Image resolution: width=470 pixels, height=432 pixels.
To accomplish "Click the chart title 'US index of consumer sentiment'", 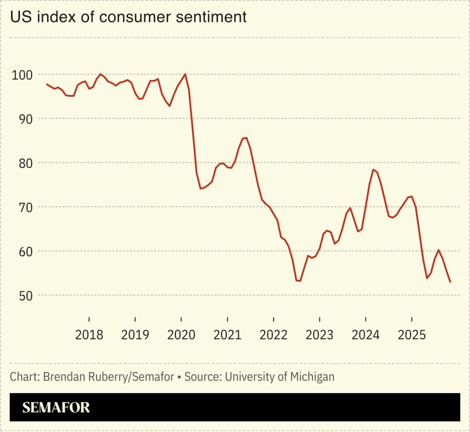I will pyautogui.click(x=128, y=17).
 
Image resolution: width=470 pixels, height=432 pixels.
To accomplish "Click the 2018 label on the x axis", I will pyautogui.click(x=89, y=335).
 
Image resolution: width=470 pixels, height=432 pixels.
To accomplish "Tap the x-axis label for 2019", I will pyautogui.click(x=135, y=335).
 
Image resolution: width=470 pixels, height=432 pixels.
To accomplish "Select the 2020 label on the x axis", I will pyautogui.click(x=181, y=335).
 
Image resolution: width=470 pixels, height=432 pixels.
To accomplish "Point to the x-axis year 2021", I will pyautogui.click(x=227, y=335).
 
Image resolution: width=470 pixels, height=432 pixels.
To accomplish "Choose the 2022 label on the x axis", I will pyautogui.click(x=273, y=335).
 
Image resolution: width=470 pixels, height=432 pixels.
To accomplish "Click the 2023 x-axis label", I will pyautogui.click(x=319, y=335).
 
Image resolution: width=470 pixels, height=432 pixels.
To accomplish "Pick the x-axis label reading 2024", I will pyautogui.click(x=366, y=335).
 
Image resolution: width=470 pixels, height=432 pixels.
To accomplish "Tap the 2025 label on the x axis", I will pyautogui.click(x=412, y=335).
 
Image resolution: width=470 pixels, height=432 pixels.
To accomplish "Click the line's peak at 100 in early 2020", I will pyautogui.click(x=186, y=74).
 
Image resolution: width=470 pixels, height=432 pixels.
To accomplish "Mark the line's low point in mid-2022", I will pyautogui.click(x=299, y=281).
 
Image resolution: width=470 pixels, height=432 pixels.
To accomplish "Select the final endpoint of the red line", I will pyautogui.click(x=450, y=282).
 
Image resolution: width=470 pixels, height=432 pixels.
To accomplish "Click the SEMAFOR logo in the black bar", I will pyautogui.click(x=56, y=407).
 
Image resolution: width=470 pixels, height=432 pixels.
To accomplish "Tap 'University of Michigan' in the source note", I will pyautogui.click(x=279, y=376).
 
